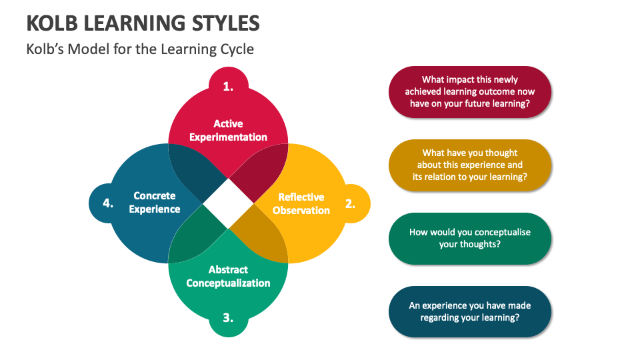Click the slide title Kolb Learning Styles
click(x=143, y=23)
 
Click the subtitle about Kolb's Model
click(x=140, y=49)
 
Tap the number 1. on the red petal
click(x=228, y=86)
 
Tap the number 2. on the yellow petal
click(x=350, y=203)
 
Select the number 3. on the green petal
click(x=228, y=318)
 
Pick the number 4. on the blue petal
click(x=108, y=203)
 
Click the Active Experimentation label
click(x=228, y=131)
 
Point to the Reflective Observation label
click(x=301, y=203)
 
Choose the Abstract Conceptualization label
click(x=228, y=276)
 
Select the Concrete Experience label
click(x=155, y=202)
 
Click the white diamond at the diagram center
click(x=228, y=203)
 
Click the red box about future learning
click(x=470, y=92)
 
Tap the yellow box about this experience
click(x=470, y=165)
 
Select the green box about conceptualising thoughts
click(x=470, y=239)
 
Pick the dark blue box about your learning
click(x=470, y=311)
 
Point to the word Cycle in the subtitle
click(x=237, y=49)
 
